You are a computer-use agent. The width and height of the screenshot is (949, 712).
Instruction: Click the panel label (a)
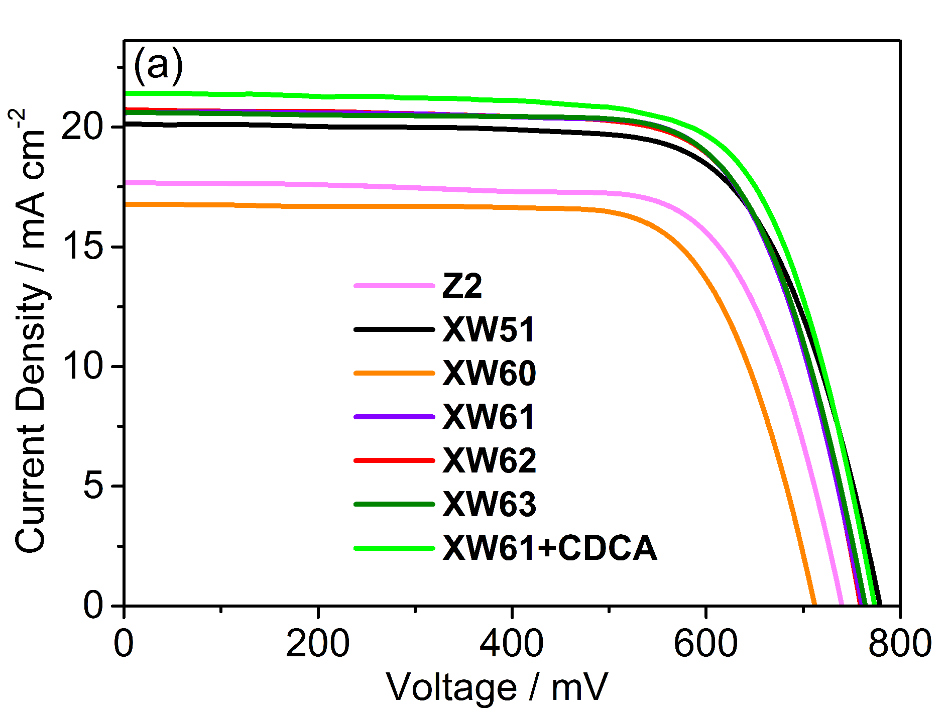[x=158, y=66]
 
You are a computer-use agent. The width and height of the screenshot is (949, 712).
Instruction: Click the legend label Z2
[x=462, y=286]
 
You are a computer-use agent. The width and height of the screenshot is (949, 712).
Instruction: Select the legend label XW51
[x=489, y=330]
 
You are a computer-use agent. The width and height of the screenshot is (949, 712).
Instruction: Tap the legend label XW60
[x=489, y=374]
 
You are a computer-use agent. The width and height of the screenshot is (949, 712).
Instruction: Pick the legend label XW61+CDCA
[x=550, y=548]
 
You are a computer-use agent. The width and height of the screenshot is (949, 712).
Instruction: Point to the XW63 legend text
[x=489, y=504]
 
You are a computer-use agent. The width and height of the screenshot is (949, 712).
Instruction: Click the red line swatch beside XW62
[x=394, y=460]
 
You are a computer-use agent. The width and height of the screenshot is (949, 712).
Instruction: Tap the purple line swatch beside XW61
[x=394, y=417]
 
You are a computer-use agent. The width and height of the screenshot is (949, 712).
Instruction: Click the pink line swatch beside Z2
[x=394, y=286]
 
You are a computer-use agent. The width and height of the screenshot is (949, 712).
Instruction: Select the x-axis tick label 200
[x=317, y=644]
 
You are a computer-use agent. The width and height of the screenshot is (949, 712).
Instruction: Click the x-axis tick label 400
[x=511, y=644]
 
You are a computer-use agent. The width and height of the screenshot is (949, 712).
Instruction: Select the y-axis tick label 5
[x=93, y=486]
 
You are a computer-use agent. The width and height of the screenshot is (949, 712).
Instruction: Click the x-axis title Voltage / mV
[x=497, y=687]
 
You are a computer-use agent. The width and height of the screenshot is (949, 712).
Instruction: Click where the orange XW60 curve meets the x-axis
[x=814, y=605]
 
